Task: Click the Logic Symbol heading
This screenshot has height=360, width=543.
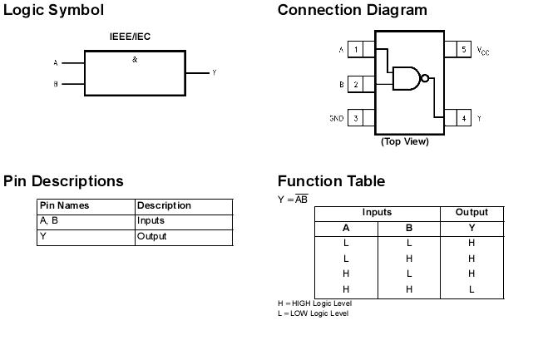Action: [54, 10]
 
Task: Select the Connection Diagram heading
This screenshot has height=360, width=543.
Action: [352, 10]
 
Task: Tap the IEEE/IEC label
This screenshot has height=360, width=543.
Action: [130, 37]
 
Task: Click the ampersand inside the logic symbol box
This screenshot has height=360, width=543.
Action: [135, 60]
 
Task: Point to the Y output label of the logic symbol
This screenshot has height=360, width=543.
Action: [214, 73]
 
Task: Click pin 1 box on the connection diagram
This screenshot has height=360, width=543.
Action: [356, 50]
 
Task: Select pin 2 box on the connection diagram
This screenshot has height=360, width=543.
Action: [356, 84]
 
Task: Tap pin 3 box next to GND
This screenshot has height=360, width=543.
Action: [356, 119]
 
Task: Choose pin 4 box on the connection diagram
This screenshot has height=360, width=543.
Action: [464, 119]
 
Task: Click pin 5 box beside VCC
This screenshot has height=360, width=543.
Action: [464, 50]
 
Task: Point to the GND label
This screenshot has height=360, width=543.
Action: [336, 119]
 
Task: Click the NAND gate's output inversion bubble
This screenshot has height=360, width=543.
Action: [425, 78]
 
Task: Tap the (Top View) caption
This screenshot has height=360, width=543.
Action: [405, 141]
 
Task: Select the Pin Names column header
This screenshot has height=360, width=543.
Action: [64, 205]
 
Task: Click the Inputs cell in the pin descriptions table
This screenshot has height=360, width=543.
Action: [151, 221]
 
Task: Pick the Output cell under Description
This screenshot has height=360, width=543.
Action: [151, 237]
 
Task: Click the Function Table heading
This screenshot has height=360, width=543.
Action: [331, 181]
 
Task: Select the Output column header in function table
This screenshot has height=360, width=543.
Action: [471, 213]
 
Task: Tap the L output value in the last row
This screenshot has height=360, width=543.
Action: [471, 289]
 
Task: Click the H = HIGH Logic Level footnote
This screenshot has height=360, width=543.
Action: [314, 303]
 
